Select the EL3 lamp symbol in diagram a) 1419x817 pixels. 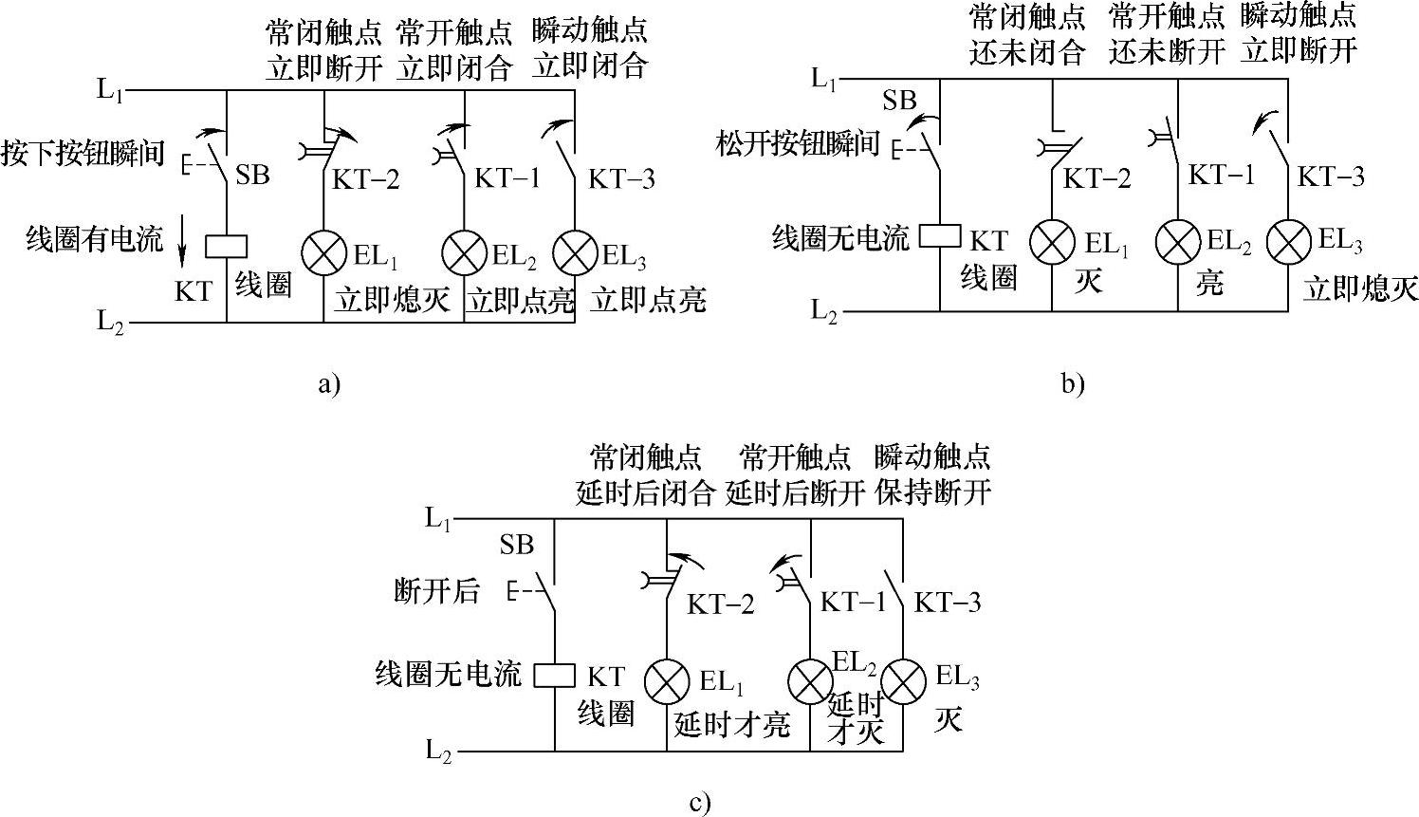click(x=575, y=252)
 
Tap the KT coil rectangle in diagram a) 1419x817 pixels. click(x=227, y=247)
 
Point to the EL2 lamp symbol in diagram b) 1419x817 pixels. click(x=1177, y=242)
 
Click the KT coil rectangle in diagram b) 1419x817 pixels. click(x=940, y=234)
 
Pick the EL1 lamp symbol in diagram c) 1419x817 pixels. click(x=667, y=680)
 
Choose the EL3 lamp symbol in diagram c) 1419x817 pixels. click(x=902, y=680)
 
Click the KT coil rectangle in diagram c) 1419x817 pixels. click(x=554, y=675)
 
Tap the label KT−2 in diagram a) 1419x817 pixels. click(x=365, y=178)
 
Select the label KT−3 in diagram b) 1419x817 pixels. click(x=1331, y=176)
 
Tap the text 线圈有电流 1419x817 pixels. click(x=95, y=239)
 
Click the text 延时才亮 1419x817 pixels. click(x=731, y=725)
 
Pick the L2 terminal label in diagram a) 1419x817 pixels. click(x=110, y=322)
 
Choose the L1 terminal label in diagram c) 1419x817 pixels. click(x=437, y=519)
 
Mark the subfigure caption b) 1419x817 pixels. click(x=1073, y=383)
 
